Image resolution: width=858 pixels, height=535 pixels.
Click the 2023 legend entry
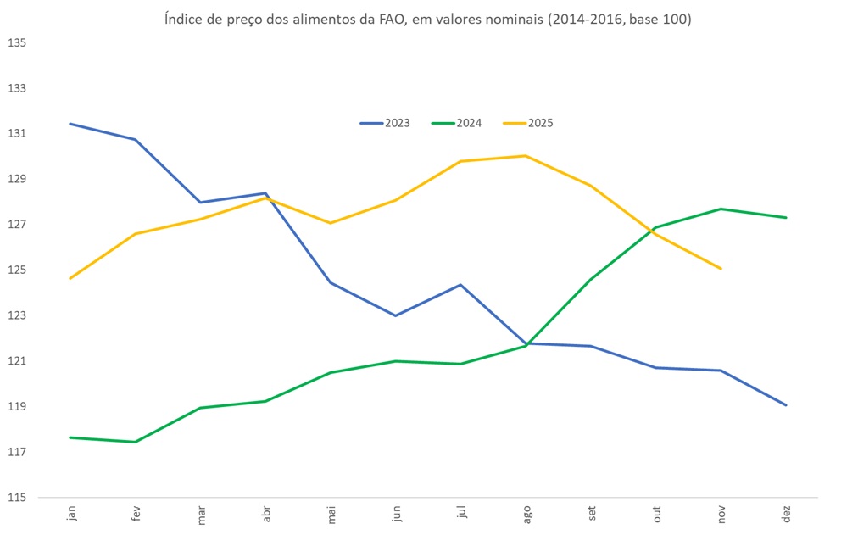point(386,123)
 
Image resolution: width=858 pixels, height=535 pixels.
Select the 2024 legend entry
point(458,123)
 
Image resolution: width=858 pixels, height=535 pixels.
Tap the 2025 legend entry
point(529,123)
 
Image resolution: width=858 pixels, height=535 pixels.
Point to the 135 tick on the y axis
point(18,42)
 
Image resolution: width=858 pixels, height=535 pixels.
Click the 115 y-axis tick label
point(18,498)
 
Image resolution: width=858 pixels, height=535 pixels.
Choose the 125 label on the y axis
point(18,270)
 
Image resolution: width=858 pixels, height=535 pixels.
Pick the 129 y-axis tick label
point(18,179)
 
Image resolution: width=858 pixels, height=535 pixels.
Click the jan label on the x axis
point(71,515)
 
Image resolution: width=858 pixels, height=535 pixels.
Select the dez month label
point(787,515)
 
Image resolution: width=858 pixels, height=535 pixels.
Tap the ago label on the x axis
point(526,515)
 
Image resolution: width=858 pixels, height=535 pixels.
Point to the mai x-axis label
point(331,515)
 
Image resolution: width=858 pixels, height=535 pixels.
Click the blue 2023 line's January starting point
point(71,124)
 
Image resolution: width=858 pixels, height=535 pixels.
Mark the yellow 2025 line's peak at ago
point(526,156)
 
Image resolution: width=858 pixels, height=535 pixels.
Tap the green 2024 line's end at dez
point(787,218)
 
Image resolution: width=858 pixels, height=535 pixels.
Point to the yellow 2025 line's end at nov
point(721,269)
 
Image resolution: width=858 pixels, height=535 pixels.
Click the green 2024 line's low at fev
point(136,442)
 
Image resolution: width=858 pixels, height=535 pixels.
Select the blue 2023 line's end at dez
point(787,405)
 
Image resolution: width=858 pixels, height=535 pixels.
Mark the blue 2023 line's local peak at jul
point(461,285)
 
